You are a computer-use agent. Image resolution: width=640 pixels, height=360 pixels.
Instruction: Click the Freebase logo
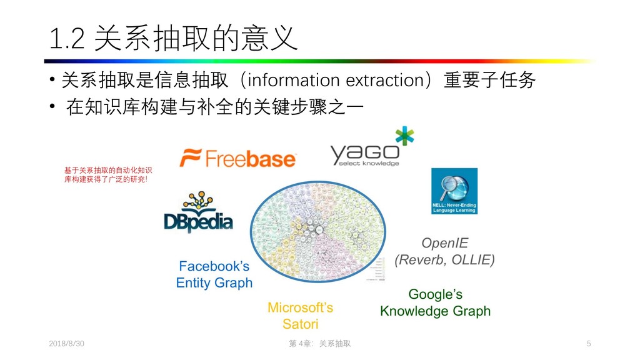[x=237, y=158]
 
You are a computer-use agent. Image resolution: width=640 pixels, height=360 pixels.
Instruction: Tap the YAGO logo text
[x=364, y=153]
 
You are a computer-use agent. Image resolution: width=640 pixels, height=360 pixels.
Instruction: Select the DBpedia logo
[x=198, y=212]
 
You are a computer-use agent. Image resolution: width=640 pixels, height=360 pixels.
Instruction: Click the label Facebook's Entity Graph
[x=214, y=274]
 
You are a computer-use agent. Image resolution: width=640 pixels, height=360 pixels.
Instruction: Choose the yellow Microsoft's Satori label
[x=300, y=316]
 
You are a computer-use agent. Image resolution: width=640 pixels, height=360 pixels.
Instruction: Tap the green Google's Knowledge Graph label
[x=435, y=302]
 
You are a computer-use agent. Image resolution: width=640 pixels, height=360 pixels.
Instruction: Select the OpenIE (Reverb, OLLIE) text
[x=444, y=251]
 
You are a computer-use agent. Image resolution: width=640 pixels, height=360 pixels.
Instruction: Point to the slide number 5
[x=589, y=344]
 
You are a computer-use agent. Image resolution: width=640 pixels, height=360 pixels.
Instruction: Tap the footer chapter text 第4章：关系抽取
[x=319, y=344]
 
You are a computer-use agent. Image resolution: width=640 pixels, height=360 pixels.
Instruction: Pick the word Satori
[x=300, y=324]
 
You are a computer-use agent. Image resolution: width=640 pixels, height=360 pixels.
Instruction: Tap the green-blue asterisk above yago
[x=404, y=136]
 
